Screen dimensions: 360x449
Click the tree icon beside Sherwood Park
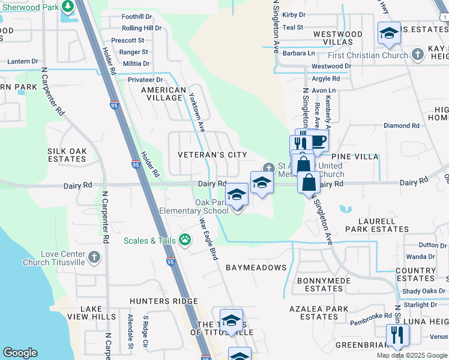click(68, 7)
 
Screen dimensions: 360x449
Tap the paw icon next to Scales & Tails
click(185, 241)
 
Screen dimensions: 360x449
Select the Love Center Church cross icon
click(93, 257)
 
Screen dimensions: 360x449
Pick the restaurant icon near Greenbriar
click(397, 334)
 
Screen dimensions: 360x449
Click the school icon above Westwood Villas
click(389, 34)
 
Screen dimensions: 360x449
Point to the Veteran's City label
click(212, 155)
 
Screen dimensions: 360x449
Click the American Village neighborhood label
click(163, 94)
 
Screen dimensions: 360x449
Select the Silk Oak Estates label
click(67, 155)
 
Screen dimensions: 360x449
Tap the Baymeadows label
click(256, 267)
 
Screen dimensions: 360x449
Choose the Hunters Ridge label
click(164, 301)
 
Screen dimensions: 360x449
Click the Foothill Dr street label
click(137, 17)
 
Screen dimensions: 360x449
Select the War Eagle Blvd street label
click(208, 238)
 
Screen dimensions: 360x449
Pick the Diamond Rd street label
click(402, 125)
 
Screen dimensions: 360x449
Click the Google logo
click(20, 353)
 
